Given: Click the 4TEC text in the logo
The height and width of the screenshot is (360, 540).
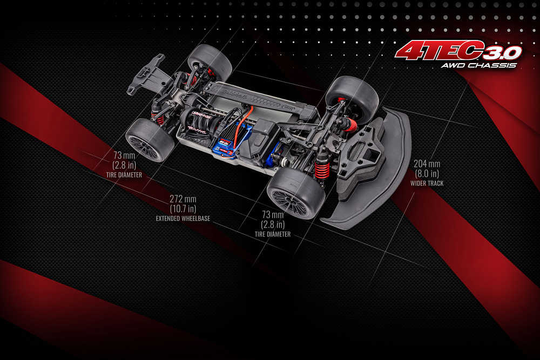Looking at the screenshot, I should point(437,51).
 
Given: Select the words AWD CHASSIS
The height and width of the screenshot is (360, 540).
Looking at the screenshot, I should point(478,65).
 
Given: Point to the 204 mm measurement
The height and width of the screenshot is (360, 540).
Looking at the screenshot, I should point(427,164).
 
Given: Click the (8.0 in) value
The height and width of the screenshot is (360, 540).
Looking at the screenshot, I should point(427,173).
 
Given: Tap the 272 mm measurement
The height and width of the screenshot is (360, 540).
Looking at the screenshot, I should point(183,199).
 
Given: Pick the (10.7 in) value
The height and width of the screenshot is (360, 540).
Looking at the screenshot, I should point(183,208).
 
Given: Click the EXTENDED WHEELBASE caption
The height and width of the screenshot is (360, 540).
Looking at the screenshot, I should point(183,219).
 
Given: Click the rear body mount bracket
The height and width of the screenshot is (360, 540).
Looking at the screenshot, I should point(146,73).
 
